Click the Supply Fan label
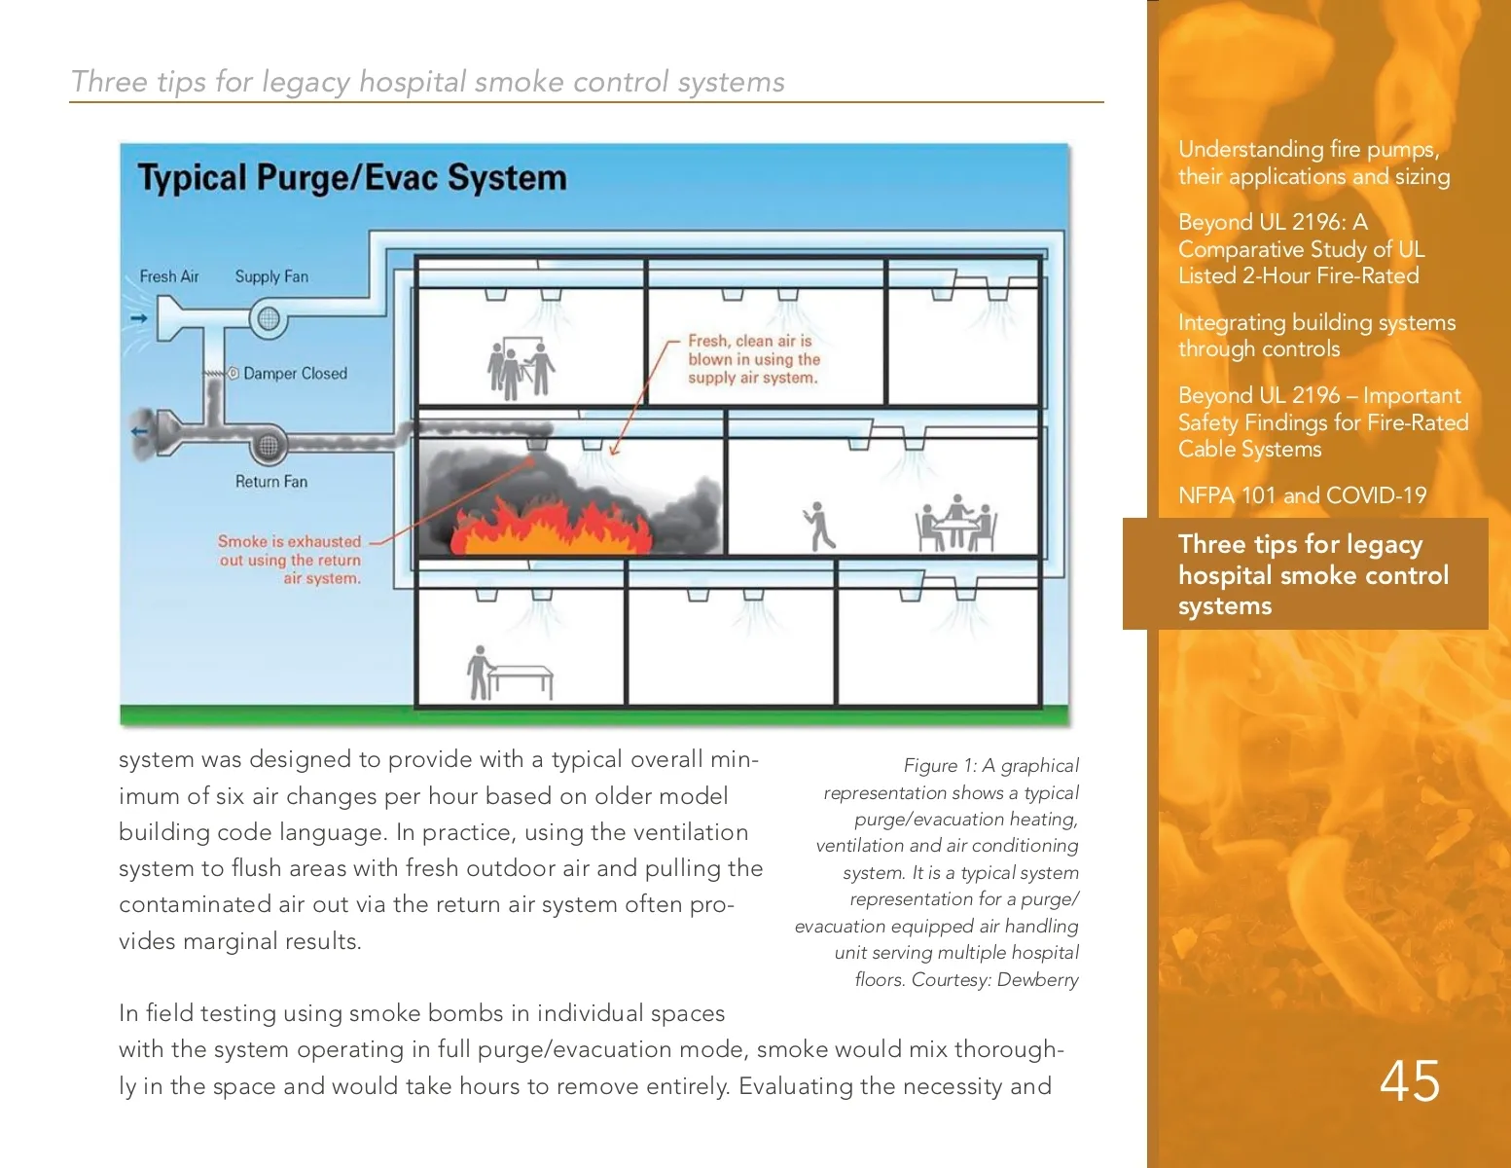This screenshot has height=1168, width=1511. click(x=271, y=276)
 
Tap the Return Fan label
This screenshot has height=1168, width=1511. click(x=270, y=481)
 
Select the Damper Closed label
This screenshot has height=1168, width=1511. click(x=295, y=374)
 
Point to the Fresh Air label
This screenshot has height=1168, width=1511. click(x=168, y=276)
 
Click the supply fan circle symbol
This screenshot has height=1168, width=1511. click(x=268, y=318)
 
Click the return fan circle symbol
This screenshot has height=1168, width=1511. click(x=268, y=446)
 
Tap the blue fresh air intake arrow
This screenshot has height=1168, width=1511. click(x=139, y=318)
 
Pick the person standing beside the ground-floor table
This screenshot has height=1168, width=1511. click(x=478, y=673)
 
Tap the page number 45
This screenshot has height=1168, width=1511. click(x=1410, y=1080)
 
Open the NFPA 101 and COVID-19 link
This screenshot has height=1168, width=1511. click(x=1302, y=495)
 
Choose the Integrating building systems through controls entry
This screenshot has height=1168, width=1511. click(x=1316, y=336)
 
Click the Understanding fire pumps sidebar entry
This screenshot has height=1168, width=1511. click(x=1313, y=163)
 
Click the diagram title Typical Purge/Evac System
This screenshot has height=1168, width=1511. click(x=351, y=178)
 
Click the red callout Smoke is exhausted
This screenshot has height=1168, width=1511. click(x=290, y=560)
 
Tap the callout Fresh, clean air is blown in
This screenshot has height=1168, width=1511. click(x=753, y=359)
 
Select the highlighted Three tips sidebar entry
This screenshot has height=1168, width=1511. click(x=1313, y=574)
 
